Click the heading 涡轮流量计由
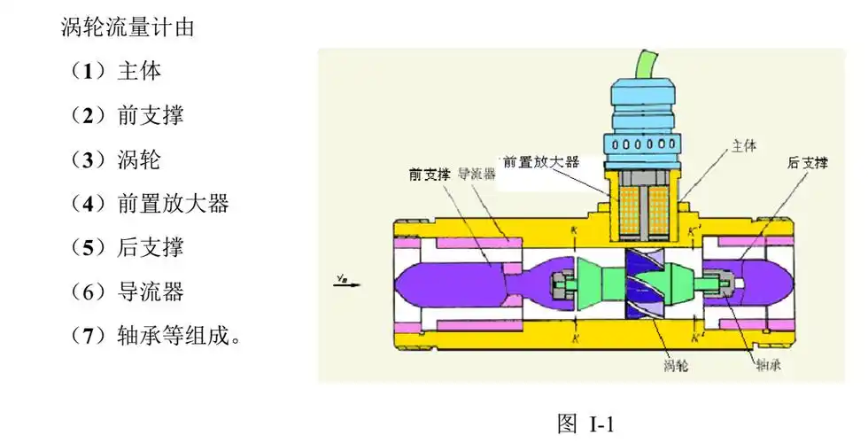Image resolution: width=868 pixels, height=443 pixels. click(128, 27)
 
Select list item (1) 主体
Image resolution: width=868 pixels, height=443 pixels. click(116, 71)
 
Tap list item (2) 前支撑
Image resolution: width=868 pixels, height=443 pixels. click(128, 115)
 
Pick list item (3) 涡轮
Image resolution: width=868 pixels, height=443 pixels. click(116, 159)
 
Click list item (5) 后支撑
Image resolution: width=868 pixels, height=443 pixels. click(128, 247)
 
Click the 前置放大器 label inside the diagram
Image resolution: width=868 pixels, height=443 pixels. click(540, 162)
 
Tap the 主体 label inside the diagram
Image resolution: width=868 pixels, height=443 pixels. click(743, 145)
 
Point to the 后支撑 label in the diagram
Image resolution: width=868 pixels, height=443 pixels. click(807, 163)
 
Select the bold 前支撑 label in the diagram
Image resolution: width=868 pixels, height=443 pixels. click(430, 174)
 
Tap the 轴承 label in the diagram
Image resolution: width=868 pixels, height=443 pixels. click(767, 363)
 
